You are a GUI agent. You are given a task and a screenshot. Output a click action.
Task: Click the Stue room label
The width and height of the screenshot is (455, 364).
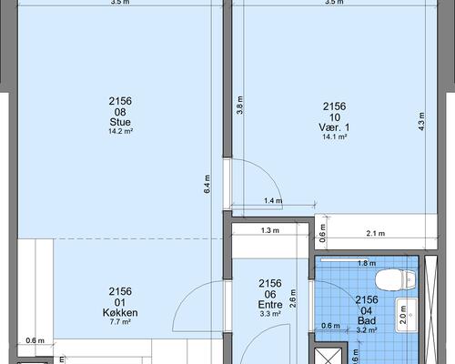point(120,122)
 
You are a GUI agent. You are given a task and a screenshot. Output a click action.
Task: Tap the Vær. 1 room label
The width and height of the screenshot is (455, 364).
point(334,127)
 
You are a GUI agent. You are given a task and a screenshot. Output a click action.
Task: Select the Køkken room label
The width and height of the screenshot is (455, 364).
point(120,312)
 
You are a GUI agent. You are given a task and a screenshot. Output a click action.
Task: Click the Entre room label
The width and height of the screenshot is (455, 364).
point(270,305)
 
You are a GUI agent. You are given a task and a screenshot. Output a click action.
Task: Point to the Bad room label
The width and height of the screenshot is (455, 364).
point(367,320)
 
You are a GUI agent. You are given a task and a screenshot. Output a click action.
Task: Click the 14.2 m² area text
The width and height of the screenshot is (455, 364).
point(120,131)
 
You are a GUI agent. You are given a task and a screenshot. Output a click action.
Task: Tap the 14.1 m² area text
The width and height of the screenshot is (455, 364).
point(335,136)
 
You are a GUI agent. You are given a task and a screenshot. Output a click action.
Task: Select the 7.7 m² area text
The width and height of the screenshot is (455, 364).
point(120,322)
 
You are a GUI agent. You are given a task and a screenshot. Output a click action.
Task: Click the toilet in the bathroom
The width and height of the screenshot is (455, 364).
point(395,280)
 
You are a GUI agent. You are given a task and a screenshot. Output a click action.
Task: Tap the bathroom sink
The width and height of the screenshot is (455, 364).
point(407,316)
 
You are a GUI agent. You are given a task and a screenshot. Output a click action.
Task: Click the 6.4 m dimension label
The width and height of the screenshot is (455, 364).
point(207,184)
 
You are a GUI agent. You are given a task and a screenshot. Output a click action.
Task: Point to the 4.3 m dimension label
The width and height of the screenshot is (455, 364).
point(421,121)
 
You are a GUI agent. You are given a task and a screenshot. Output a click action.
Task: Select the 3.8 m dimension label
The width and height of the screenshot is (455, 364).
point(240,105)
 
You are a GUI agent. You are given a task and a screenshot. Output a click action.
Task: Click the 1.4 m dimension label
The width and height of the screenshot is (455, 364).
point(273,200)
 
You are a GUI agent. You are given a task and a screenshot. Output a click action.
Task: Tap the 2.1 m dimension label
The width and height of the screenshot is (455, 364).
point(376,233)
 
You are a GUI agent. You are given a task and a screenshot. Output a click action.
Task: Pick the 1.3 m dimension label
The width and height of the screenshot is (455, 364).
point(270,230)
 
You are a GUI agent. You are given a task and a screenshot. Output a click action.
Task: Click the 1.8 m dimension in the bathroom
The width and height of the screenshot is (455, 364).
point(367,263)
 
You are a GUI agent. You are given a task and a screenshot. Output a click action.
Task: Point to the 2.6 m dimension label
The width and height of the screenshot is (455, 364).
point(292,298)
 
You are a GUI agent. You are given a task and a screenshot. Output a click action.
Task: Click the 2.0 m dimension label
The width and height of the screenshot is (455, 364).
point(403,315)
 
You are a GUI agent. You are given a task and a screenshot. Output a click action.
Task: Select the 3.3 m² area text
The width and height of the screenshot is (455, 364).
point(270,314)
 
